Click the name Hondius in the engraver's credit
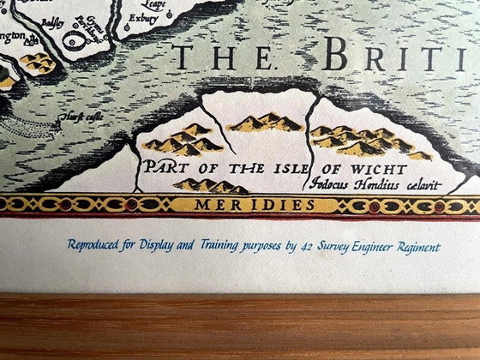coord(368,184)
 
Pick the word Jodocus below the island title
coord(327,184)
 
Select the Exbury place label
coord(142,17)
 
